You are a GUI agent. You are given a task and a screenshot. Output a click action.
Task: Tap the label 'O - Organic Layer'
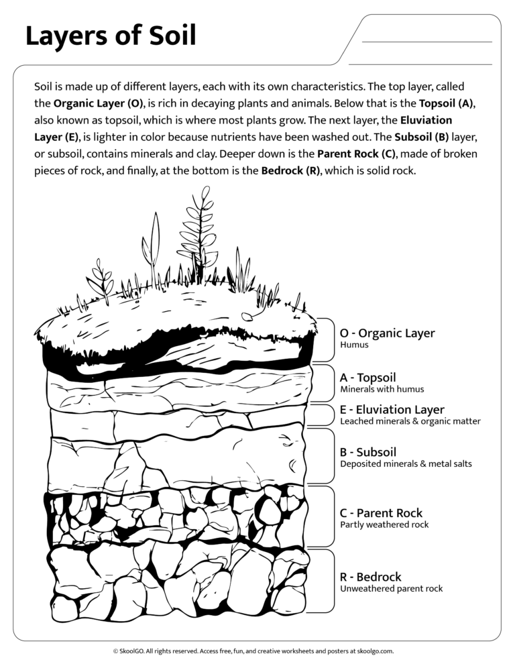click(387, 333)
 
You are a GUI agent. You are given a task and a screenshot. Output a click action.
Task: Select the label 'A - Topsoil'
click(367, 378)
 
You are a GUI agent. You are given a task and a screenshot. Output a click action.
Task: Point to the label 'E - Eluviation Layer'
click(392, 410)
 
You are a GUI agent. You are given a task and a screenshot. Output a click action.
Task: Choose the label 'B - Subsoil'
click(368, 452)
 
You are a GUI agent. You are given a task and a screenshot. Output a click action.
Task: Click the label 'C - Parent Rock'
click(381, 513)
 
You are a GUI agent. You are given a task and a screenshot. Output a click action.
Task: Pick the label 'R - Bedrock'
click(370, 577)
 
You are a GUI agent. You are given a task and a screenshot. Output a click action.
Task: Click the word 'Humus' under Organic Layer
click(354, 345)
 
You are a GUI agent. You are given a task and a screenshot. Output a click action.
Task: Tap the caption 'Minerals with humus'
click(382, 389)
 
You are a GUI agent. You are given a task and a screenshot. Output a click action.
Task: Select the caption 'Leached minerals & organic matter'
click(410, 421)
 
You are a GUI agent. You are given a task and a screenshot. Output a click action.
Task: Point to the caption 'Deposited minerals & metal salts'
click(406, 463)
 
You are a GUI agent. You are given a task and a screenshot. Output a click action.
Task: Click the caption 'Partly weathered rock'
click(384, 524)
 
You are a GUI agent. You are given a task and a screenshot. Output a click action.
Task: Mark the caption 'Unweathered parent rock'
click(392, 588)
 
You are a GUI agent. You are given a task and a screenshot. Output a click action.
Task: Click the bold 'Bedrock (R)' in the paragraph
click(290, 170)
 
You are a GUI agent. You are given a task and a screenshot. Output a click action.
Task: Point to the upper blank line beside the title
click(426, 42)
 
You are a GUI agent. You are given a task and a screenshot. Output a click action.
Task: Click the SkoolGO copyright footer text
click(257, 651)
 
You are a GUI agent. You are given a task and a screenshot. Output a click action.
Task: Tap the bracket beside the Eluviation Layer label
click(331, 416)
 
